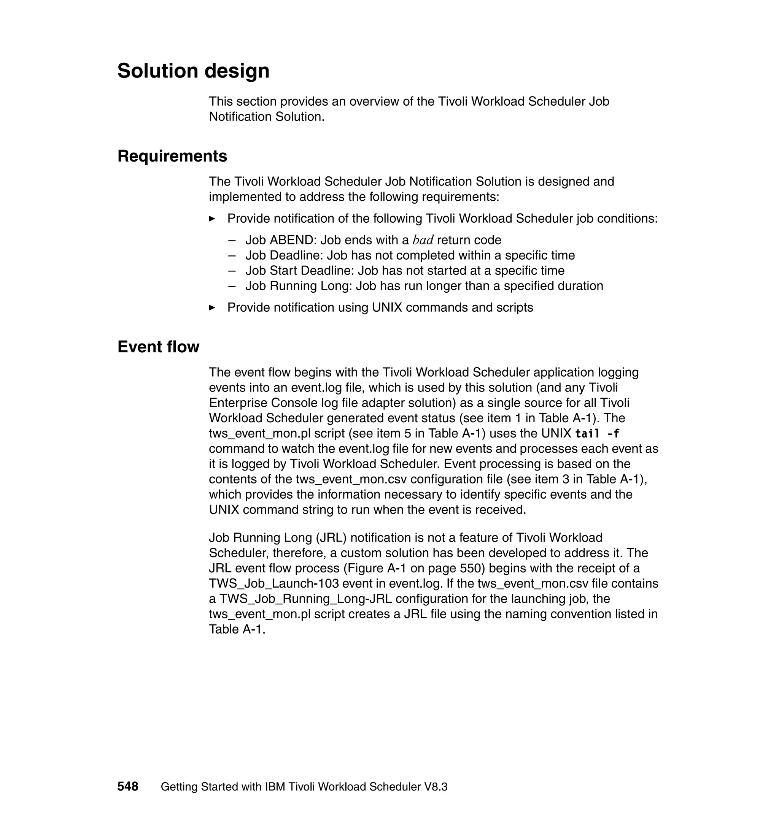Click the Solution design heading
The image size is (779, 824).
point(193,71)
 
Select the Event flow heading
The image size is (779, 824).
point(158,347)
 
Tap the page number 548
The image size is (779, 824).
point(127,786)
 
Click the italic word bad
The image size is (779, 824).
point(423,240)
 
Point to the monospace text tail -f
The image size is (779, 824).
point(597,434)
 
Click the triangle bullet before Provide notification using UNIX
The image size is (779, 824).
point(212,307)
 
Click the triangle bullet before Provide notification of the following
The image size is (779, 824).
point(212,219)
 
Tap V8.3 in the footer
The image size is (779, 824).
point(436,787)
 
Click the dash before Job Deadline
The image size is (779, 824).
point(232,255)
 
